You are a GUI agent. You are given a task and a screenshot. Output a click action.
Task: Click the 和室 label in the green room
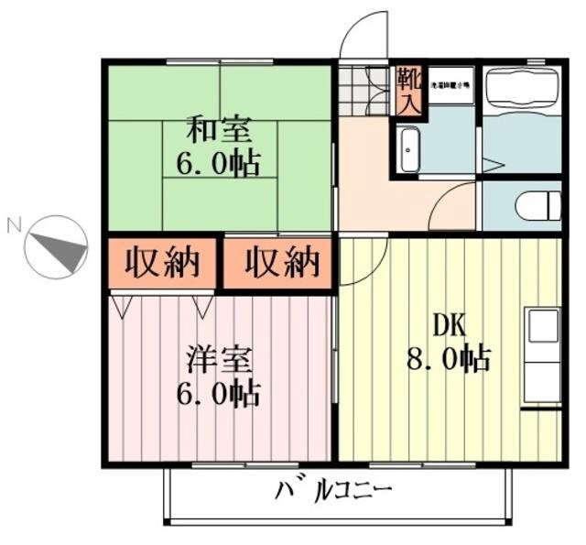[x=218, y=127]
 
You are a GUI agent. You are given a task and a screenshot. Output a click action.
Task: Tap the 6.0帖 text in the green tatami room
[x=218, y=163]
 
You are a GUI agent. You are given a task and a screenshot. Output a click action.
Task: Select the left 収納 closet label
[x=162, y=264]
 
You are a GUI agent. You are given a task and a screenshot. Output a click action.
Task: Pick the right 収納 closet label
[x=282, y=264]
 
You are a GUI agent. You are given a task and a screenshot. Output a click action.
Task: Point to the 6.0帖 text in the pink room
[x=218, y=395]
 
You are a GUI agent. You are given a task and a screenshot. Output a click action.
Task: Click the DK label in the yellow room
[x=450, y=324]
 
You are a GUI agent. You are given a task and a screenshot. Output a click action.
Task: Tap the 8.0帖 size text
[x=449, y=357]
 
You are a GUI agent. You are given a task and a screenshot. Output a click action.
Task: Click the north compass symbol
[x=56, y=245]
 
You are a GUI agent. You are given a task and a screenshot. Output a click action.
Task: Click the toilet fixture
[x=537, y=206]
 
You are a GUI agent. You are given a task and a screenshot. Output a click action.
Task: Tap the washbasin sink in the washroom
[x=409, y=150]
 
